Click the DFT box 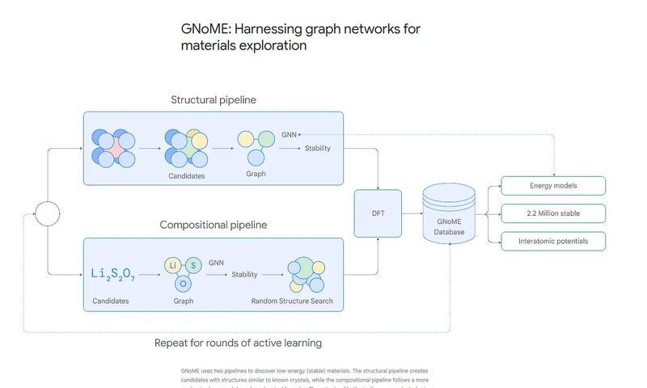click(378, 213)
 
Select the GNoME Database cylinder click(449, 214)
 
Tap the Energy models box click(553, 186)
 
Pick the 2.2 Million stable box click(553, 213)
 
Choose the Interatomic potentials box click(553, 241)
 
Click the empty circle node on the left click(47, 214)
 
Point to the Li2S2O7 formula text click(113, 276)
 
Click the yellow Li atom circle click(172, 265)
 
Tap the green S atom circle click(193, 265)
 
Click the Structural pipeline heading click(214, 100)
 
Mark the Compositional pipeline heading click(214, 225)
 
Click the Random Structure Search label click(292, 302)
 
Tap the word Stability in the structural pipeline click(317, 148)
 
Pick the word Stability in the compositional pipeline click(244, 275)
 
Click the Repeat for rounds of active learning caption click(238, 343)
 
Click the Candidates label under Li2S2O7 click(110, 302)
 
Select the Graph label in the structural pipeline click(256, 174)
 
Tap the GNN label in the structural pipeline click(289, 134)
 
